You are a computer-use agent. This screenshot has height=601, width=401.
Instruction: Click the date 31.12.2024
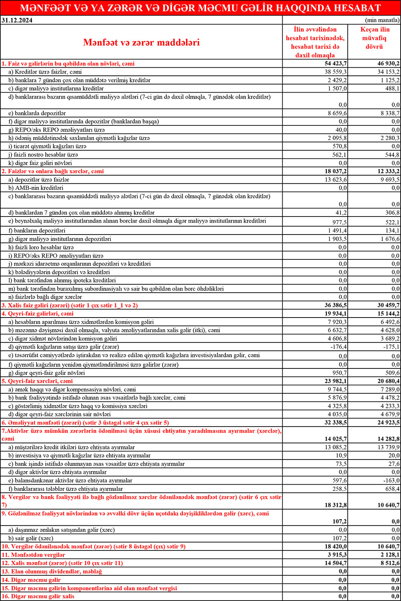click(17, 20)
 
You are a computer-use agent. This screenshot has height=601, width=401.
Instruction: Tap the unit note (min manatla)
click(382, 20)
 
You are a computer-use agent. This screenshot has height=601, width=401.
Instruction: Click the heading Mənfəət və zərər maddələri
click(141, 42)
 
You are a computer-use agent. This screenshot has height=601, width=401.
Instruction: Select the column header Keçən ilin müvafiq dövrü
click(375, 38)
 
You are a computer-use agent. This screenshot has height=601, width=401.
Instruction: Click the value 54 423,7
click(336, 64)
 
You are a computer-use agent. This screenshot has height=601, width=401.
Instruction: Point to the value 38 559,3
click(336, 72)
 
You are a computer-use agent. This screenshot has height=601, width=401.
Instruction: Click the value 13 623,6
click(336, 180)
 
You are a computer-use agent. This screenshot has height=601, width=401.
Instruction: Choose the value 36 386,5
click(336, 306)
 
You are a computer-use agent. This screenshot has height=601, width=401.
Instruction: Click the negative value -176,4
click(338, 347)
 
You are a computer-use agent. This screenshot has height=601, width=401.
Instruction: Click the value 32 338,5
click(336, 423)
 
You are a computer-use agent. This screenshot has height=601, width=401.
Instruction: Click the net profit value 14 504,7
click(336, 563)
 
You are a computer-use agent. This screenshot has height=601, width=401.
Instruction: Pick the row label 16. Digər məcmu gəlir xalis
click(38, 597)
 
